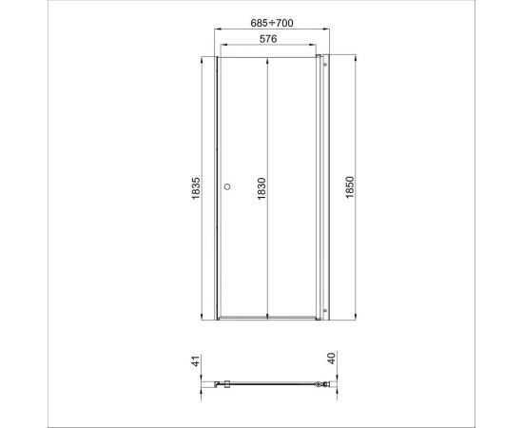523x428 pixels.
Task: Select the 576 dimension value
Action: (x=268, y=38)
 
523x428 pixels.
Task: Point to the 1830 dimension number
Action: (x=261, y=187)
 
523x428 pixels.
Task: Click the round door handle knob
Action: (x=227, y=187)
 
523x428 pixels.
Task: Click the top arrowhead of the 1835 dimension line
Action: (x=203, y=59)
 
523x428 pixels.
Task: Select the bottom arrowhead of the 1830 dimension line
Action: (x=269, y=316)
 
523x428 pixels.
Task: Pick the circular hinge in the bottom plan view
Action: (x=319, y=386)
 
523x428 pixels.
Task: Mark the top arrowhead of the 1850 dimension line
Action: (x=357, y=57)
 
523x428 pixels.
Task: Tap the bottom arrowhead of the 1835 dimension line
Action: (x=203, y=317)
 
